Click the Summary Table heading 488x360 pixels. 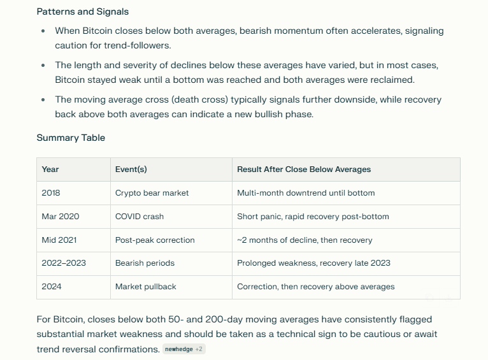tap(71, 138)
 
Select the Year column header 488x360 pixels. tap(50, 169)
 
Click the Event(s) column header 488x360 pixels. tap(131, 169)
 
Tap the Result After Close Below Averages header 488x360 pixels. tap(304, 169)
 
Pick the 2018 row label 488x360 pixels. tap(51, 193)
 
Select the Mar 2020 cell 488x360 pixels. tap(61, 217)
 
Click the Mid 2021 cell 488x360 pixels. tap(59, 240)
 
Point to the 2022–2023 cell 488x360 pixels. tap(64, 263)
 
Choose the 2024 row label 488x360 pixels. tap(52, 287)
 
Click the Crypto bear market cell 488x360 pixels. tap(152, 193)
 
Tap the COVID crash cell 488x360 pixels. tap(140, 217)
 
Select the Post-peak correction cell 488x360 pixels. tap(155, 240)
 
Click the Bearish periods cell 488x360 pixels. tap(145, 263)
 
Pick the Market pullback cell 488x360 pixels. tap(146, 287)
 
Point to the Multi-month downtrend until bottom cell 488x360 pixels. tap(306, 193)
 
